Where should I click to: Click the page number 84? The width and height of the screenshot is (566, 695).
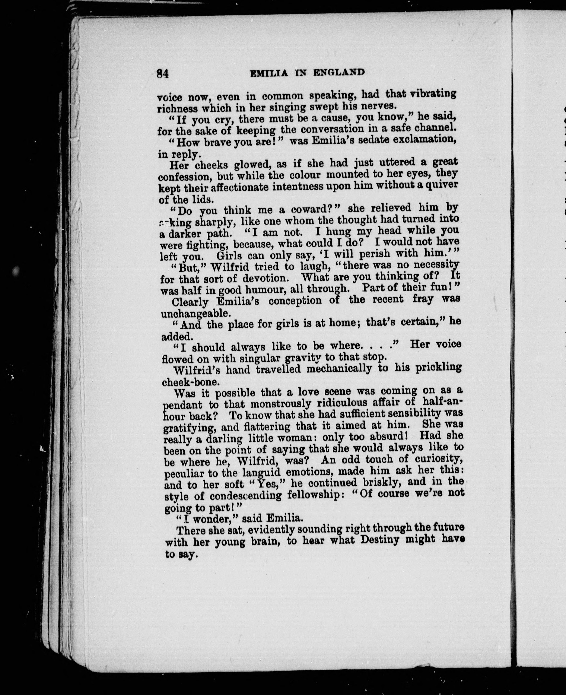pyautogui.click(x=162, y=73)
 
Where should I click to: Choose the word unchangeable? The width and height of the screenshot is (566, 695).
pyautogui.click(x=196, y=313)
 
